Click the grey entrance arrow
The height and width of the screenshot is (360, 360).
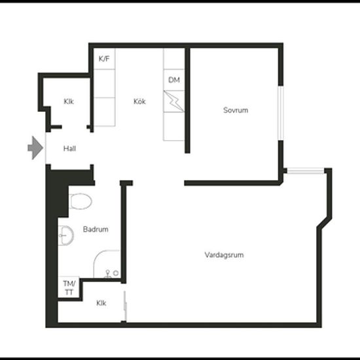(35, 148)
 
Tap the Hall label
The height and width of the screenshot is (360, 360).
(69, 149)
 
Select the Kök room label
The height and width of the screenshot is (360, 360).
(139, 101)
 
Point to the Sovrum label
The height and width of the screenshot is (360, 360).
(236, 110)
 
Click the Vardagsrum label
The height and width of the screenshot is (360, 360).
(224, 255)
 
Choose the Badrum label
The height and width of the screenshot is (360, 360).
(96, 229)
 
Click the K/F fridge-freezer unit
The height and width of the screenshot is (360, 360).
(105, 59)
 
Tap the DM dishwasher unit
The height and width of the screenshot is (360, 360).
(174, 80)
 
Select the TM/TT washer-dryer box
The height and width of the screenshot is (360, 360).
(69, 288)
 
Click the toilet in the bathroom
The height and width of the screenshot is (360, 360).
(80, 201)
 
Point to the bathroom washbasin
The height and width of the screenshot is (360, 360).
(65, 236)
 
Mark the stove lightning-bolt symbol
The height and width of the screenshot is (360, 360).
(174, 101)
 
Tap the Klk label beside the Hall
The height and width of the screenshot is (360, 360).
(69, 101)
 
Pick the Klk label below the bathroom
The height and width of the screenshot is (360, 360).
(101, 303)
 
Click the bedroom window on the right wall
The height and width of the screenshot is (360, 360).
(281, 113)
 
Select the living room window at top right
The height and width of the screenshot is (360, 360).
(306, 171)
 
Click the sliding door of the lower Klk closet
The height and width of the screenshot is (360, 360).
(125, 306)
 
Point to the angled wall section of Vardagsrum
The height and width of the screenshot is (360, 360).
(324, 223)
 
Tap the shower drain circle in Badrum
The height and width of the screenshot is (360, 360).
(116, 273)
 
